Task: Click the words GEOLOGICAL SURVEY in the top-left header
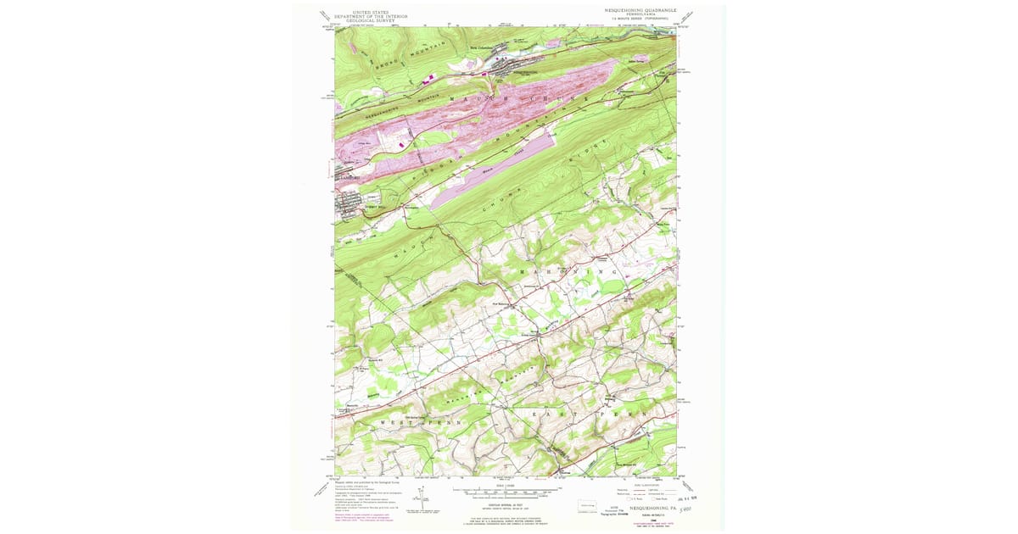[366, 19]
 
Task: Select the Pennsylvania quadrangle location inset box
[586, 507]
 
